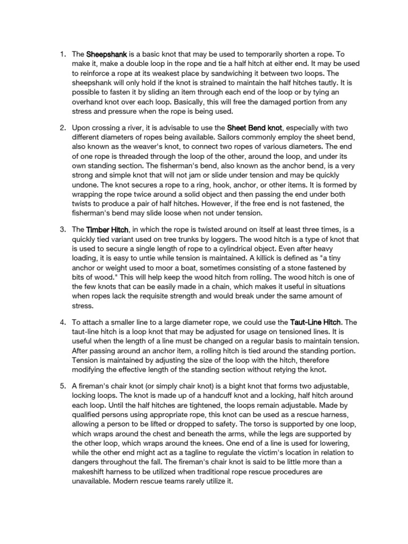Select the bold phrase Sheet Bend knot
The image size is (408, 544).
(256, 128)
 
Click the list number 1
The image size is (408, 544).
(62, 54)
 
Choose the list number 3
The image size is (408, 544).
(62, 230)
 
